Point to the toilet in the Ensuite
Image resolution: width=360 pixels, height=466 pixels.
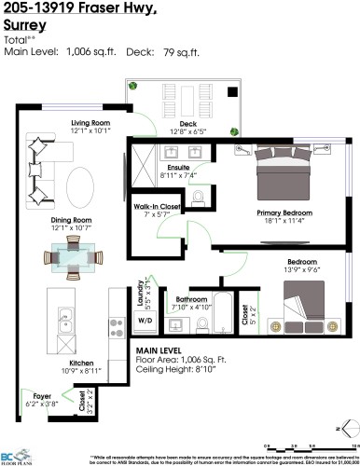[199, 197]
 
